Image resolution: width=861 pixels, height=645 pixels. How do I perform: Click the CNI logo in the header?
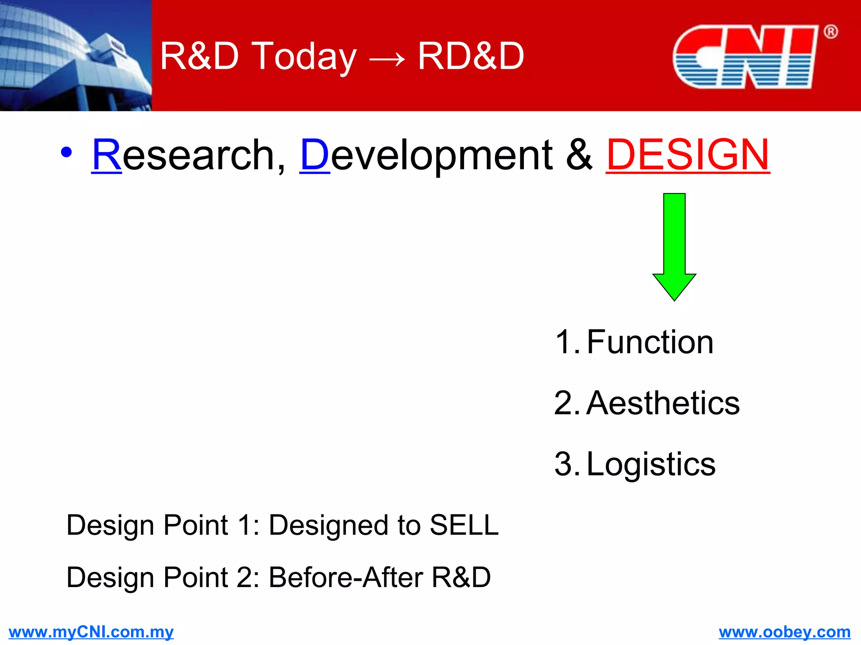coord(745,57)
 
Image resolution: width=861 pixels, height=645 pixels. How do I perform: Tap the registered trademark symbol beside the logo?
coord(830,32)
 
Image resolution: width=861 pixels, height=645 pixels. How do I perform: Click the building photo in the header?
coord(76,55)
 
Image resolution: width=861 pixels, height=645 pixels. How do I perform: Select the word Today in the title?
coord(306,57)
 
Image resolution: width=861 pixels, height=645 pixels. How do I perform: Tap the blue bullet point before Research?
coord(66,152)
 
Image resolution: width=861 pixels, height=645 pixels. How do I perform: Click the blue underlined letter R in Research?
coord(107,155)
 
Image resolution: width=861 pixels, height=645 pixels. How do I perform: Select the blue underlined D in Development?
coord(315,155)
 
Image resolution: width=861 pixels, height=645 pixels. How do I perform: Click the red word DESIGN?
coord(688,155)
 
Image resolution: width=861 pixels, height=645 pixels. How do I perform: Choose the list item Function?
coord(650,342)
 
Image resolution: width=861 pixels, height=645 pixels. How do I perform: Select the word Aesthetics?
coord(663,403)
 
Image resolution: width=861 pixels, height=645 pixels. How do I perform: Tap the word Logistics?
coord(650,464)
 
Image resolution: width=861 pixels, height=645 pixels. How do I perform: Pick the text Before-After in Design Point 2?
coord(346,577)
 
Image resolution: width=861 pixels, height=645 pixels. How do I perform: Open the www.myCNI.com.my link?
coord(91,632)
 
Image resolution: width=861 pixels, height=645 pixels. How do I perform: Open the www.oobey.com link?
coord(784,632)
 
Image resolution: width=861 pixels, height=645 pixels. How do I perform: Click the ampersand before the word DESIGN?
coord(579,155)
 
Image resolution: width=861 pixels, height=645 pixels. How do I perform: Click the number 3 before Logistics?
coord(564,464)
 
